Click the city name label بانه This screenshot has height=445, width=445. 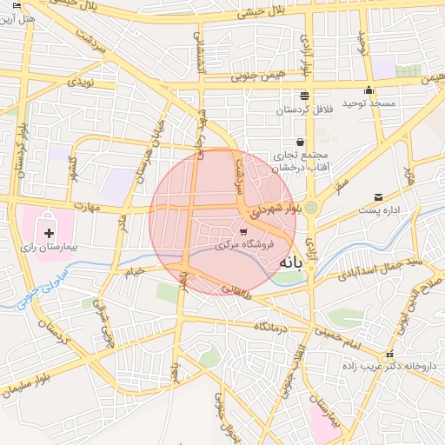306,268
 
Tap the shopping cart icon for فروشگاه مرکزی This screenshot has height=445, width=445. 243,231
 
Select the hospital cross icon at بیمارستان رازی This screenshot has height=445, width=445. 49,233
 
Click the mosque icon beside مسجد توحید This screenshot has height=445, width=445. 369,90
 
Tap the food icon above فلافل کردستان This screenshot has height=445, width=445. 304,96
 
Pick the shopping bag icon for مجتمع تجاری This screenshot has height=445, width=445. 300,142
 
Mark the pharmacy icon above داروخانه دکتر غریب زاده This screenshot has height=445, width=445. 390,354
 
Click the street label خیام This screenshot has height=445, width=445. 134,273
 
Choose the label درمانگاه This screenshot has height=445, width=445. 271,326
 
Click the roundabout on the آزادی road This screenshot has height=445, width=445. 310,207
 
